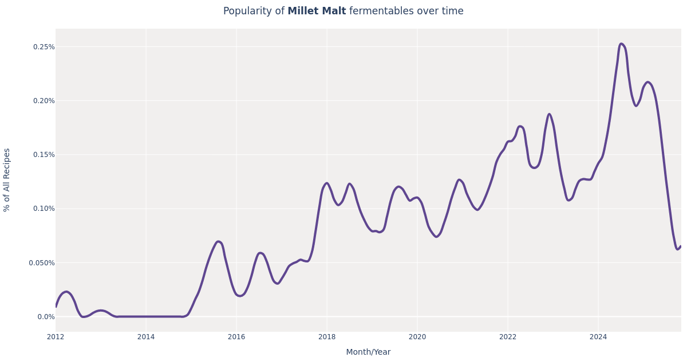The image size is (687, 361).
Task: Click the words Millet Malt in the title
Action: (317, 11)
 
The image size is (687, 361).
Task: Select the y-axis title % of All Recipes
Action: (7, 180)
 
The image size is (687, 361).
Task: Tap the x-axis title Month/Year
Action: (368, 352)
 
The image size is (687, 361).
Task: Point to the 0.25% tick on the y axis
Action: (44, 47)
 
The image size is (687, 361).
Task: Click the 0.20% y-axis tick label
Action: (44, 101)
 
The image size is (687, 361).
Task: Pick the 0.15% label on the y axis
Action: (44, 155)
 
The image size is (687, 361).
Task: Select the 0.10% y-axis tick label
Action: (44, 209)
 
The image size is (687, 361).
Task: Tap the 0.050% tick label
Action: (42, 263)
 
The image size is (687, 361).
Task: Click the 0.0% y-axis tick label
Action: (46, 317)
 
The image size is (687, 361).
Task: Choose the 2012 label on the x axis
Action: (56, 337)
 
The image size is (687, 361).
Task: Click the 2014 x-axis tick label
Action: (146, 337)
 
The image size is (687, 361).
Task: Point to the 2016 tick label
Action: (236, 337)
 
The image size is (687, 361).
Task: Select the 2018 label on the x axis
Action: (327, 337)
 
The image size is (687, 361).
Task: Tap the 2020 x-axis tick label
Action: (417, 337)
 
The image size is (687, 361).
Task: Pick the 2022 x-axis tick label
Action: (508, 337)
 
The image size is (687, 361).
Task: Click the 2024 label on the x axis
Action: (598, 337)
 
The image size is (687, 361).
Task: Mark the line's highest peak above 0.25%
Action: (621, 44)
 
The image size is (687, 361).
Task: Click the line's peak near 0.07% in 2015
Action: (218, 242)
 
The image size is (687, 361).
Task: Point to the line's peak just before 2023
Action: (549, 114)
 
